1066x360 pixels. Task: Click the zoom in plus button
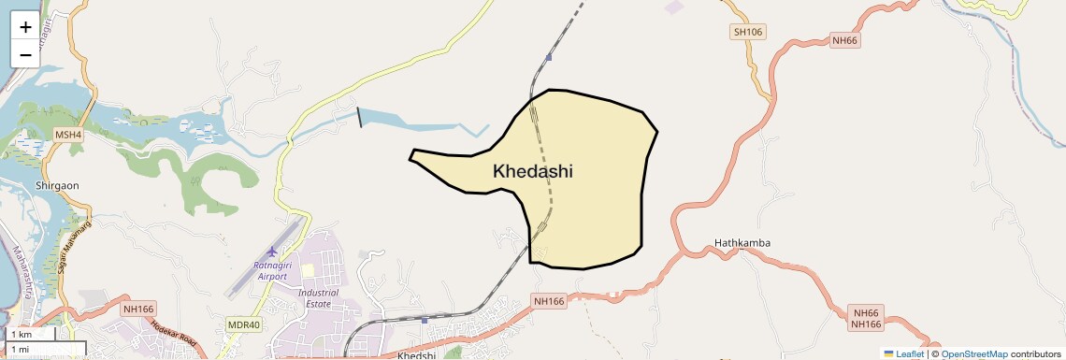click(25, 26)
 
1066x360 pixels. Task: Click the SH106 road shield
click(748, 32)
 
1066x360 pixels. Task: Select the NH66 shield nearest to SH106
click(844, 40)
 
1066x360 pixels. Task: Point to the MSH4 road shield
click(68, 136)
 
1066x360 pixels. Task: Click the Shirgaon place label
click(57, 185)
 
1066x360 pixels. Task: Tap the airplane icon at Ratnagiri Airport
click(272, 252)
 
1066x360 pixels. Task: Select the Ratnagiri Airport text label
click(270, 270)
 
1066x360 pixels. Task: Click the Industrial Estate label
click(318, 297)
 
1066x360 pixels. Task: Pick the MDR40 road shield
click(244, 324)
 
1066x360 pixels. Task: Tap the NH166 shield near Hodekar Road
click(137, 308)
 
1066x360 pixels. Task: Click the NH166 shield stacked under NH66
click(867, 324)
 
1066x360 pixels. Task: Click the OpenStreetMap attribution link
click(974, 353)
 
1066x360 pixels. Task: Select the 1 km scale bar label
click(22, 335)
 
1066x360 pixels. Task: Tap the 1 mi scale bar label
click(20, 349)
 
